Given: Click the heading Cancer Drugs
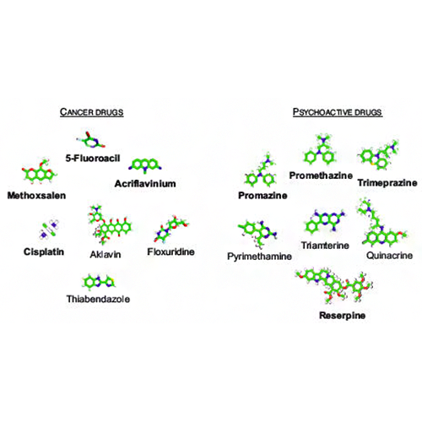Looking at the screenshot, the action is point(92,112).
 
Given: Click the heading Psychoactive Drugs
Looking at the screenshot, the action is point(338,112).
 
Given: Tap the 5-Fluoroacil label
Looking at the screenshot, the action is point(93,158).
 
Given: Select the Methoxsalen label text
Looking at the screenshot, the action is point(36,195).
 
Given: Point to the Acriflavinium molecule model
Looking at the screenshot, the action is point(145,165).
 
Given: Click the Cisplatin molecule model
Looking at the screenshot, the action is point(49,230).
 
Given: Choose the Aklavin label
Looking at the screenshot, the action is point(105,254).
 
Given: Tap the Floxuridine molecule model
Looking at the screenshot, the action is point(171,229).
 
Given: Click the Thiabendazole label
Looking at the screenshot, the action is point(98,299).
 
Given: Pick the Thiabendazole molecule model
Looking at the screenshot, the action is point(99,281).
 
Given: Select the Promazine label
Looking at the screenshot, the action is point(262,195).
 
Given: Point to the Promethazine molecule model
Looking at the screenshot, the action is point(320,149).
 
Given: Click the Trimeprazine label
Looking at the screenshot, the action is point(387,183).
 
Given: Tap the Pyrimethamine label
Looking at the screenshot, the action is point(259,257).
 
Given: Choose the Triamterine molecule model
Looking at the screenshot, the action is point(325,221).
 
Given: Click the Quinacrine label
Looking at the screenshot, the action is point(390,256).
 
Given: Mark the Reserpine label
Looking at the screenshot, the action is point(343,315).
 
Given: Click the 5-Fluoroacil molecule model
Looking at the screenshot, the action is point(91,140).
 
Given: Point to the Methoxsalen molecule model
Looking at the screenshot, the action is point(39,172).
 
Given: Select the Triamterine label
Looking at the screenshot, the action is point(325,246).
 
